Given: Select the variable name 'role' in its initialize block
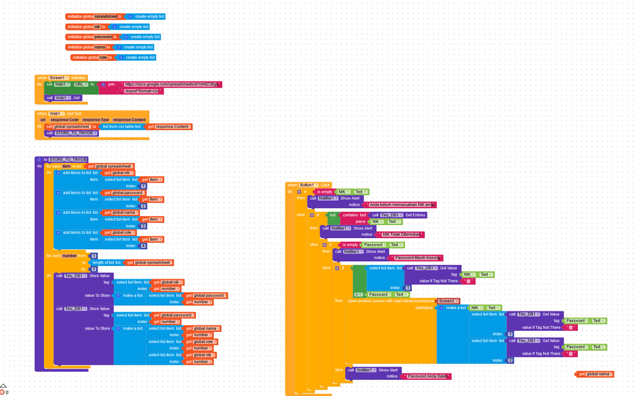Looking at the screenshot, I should tap(103, 58).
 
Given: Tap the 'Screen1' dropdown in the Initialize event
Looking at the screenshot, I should tap(58, 78).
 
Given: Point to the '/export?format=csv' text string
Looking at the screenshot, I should tap(142, 91).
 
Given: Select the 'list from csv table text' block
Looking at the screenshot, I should tap(122, 127).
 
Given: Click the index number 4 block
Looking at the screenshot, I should tap(143, 246).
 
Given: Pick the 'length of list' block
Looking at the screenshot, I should tap(107, 263).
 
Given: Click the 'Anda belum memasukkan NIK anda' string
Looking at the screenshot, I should tap(401, 205).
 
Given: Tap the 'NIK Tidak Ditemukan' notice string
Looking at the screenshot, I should tap(401, 235).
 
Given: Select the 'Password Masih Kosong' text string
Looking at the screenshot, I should tap(417, 258).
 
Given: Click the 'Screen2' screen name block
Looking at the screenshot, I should tap(447, 302).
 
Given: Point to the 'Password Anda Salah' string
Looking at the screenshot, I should tap(427, 377).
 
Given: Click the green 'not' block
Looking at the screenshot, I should tap(333, 215).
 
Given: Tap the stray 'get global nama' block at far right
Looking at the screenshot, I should tap(595, 374).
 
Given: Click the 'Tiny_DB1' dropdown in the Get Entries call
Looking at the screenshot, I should tap(391, 215).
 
